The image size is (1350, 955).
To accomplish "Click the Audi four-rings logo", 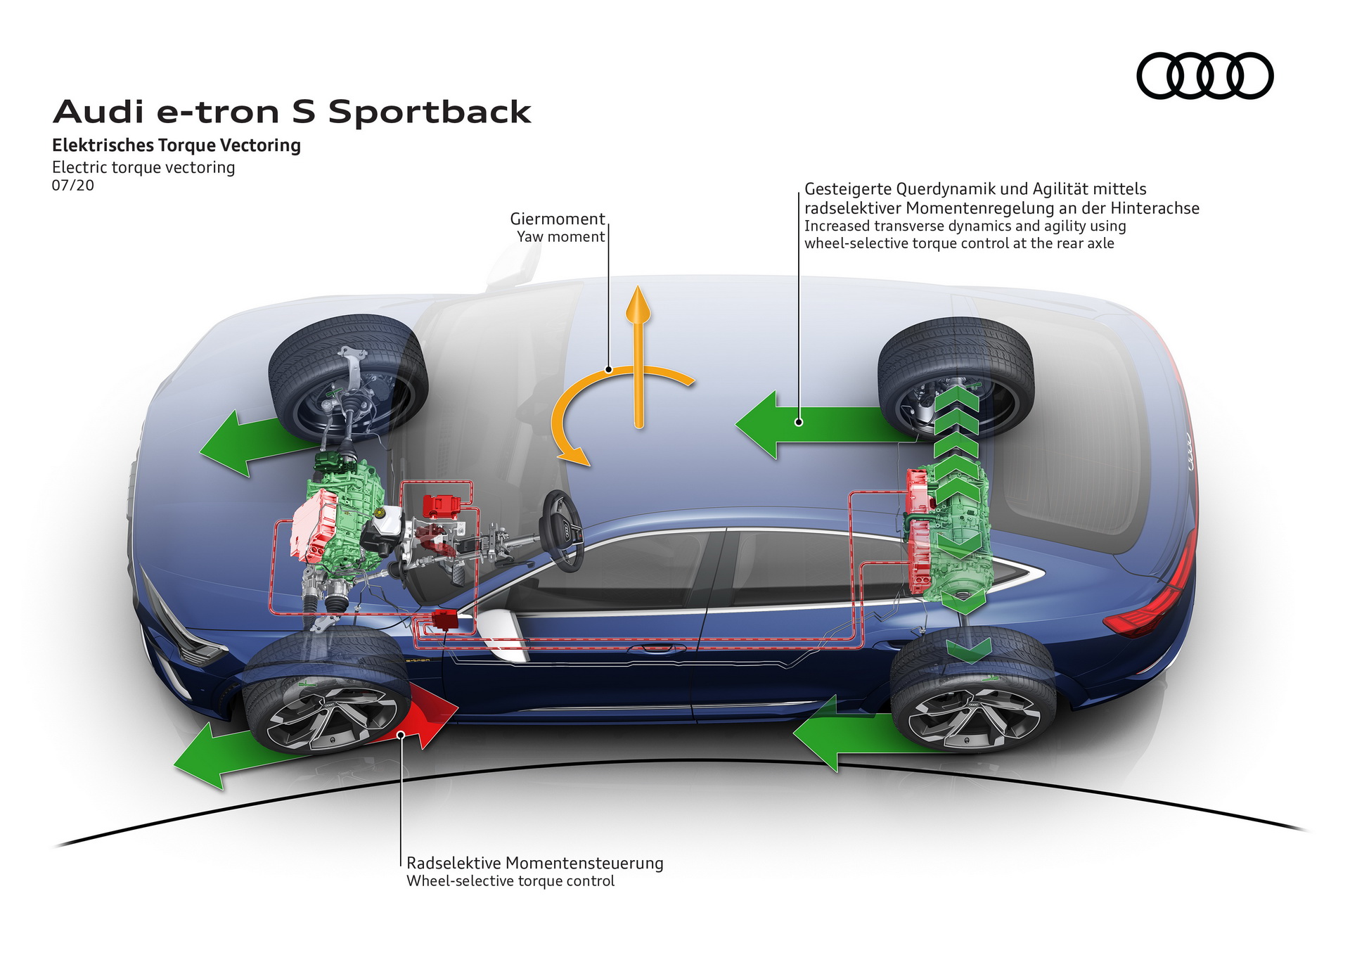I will click(x=1204, y=75).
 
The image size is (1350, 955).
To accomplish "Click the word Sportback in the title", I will click(x=429, y=113).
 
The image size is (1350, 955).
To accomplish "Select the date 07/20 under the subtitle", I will click(x=72, y=186).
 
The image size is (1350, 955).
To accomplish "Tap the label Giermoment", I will click(x=557, y=219).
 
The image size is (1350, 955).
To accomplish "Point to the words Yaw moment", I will click(x=560, y=237).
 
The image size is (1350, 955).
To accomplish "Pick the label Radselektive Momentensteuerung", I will click(x=534, y=863).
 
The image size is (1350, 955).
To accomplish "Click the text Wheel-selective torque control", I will click(x=510, y=881).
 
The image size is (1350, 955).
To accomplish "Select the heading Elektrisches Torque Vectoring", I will click(x=176, y=146).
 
